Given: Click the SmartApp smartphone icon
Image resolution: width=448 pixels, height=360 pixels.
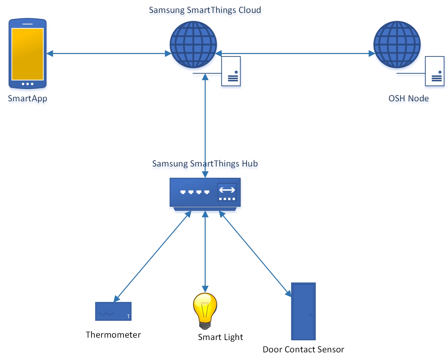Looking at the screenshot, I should point(28,54).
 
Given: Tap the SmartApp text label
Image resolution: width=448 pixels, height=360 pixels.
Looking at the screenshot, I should point(28,98).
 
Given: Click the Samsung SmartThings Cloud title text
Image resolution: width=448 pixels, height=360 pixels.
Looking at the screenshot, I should point(205,10).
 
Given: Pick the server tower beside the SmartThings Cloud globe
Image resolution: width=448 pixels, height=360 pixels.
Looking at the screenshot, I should point(231,71).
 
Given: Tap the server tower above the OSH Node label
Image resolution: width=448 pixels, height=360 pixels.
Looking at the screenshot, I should point(435,71).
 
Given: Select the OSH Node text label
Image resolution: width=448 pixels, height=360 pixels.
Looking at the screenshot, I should point(408,98).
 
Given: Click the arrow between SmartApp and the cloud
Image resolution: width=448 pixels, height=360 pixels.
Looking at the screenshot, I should point(109,53).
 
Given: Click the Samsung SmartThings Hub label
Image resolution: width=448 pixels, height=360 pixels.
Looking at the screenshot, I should point(205,164).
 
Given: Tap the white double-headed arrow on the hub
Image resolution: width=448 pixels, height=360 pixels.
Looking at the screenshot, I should point(227,190).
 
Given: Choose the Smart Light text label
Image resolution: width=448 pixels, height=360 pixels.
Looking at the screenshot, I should point(220,337).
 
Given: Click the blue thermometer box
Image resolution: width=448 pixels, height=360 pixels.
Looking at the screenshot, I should point(113,311).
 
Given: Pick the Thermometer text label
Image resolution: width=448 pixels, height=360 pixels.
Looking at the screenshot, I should point(113,335).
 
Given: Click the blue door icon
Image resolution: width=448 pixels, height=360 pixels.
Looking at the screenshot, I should point(303,311).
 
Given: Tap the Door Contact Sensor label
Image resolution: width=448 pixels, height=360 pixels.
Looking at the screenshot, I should point(303,349).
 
